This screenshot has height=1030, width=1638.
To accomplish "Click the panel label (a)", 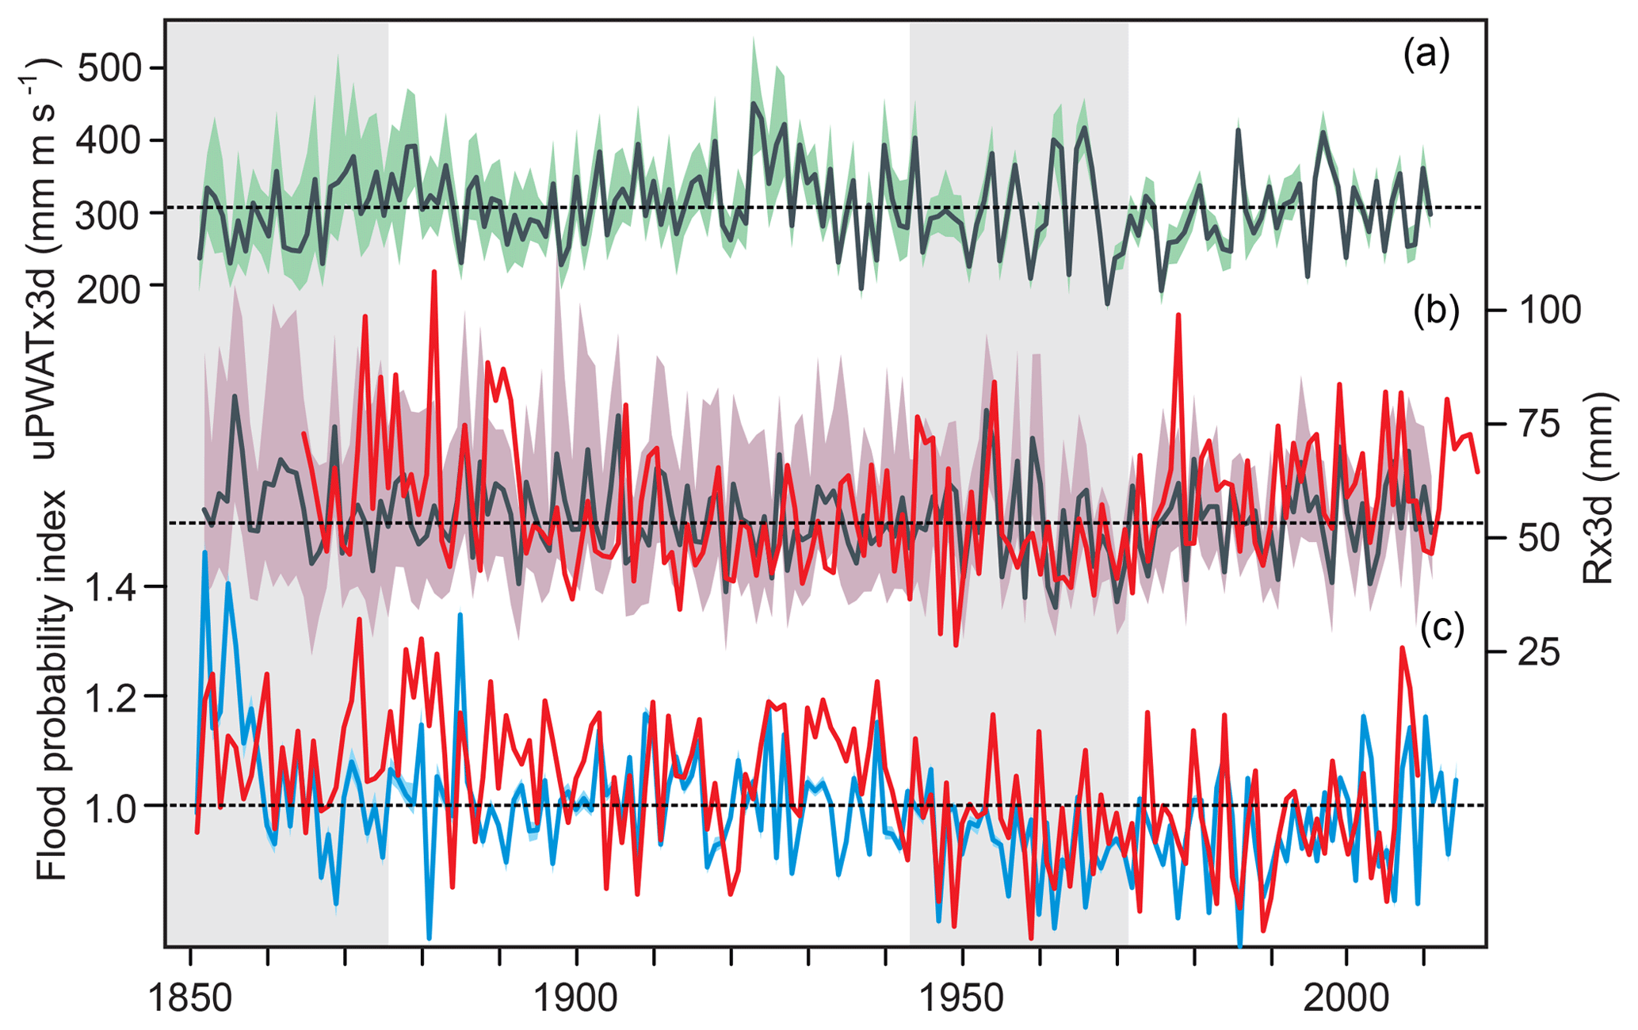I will click(x=1426, y=56).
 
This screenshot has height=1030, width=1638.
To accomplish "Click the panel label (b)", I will click(x=1435, y=311).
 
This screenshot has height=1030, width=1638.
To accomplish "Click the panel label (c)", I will click(x=1441, y=628).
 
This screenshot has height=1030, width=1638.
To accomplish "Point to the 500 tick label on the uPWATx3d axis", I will click(x=110, y=68).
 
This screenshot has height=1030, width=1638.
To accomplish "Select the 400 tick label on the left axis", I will click(x=110, y=141).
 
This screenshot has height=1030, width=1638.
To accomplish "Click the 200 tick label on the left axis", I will click(x=110, y=286).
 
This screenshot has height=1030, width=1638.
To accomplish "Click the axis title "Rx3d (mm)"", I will click(x=1598, y=488).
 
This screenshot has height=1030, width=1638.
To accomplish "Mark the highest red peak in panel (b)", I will click(x=434, y=272).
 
